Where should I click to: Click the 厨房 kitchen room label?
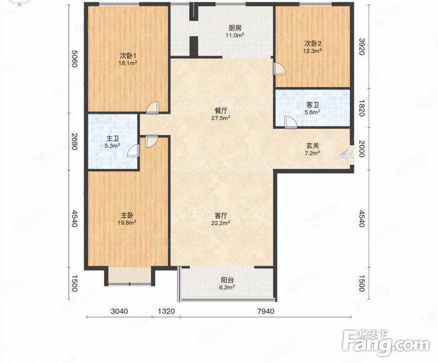235,28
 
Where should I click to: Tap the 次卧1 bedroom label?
128,55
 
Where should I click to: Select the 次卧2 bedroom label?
313,44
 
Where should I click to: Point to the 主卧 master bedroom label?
127,215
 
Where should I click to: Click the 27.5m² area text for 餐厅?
221,118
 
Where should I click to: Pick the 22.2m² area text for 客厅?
221,223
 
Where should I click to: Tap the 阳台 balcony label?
227,280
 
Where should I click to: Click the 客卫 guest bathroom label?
313,105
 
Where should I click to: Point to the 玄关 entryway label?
313,146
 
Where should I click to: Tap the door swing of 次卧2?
280,68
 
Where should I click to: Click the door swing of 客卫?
290,122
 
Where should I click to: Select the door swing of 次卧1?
152,107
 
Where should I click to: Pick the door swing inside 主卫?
133,151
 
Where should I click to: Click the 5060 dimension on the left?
74,59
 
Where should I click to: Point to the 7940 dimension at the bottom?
266,311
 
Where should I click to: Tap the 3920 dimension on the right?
362,46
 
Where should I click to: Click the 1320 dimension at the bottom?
166,311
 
